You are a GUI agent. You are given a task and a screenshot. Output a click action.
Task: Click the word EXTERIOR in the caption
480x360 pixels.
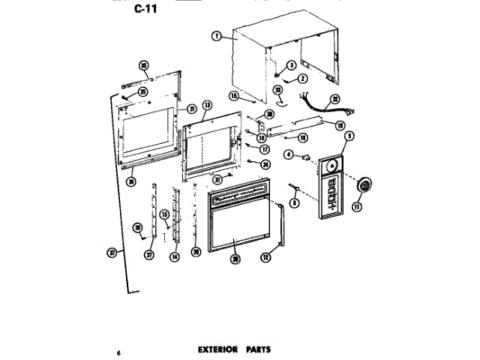pos(217,349)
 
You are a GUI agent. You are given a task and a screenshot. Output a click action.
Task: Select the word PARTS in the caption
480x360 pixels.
pos(256,349)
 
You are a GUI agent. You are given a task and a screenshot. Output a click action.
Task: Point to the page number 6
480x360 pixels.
pos(118,352)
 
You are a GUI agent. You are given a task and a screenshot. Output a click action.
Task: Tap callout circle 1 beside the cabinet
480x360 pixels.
pos(216,35)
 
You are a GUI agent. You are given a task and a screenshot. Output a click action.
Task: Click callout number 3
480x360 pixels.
pos(290,66)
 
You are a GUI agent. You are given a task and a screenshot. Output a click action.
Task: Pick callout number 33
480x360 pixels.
pos(277,90)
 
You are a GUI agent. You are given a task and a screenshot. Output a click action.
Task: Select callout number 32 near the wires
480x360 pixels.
pos(335,97)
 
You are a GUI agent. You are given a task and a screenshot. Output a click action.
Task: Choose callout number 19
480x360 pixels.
pos(339,125)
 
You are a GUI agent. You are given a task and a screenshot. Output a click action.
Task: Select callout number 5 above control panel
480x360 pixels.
pos(349,137)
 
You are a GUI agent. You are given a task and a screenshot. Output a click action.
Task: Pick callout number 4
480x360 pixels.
pos(288,155)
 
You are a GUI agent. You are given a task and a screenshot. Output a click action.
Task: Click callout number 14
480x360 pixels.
pos(175,256)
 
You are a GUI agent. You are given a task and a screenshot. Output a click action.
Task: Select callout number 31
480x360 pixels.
pos(217,180)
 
